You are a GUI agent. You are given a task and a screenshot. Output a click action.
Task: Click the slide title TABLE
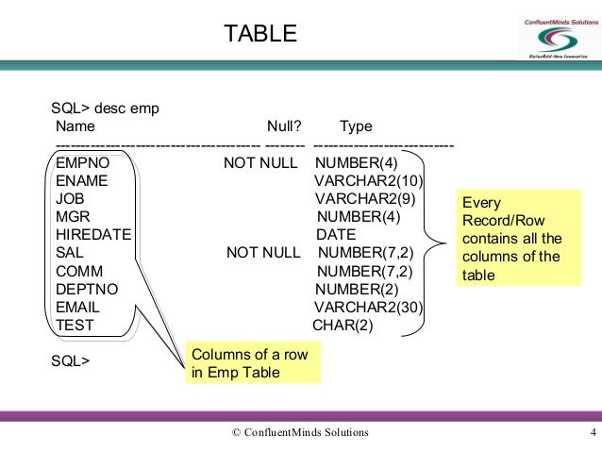(259, 35)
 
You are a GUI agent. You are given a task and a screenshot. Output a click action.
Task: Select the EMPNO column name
(83, 163)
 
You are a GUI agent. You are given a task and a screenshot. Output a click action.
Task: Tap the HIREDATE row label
(93, 235)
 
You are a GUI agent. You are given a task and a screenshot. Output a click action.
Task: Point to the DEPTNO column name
(86, 289)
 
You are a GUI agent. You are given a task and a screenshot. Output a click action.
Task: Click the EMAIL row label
(77, 308)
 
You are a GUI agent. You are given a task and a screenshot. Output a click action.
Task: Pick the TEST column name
(75, 326)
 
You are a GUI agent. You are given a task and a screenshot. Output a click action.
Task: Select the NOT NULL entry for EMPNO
(259, 163)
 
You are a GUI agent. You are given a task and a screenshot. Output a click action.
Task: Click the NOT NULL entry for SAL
(262, 253)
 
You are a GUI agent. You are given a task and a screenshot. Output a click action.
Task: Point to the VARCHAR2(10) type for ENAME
(369, 181)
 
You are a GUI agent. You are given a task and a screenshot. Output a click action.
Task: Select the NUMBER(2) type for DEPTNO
(356, 289)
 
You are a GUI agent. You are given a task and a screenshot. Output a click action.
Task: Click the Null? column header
(284, 126)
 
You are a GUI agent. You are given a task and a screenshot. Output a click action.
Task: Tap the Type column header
(356, 126)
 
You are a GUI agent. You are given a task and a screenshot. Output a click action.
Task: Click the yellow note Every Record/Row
(510, 239)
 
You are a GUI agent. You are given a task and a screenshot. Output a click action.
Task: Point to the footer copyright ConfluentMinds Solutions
(300, 433)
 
